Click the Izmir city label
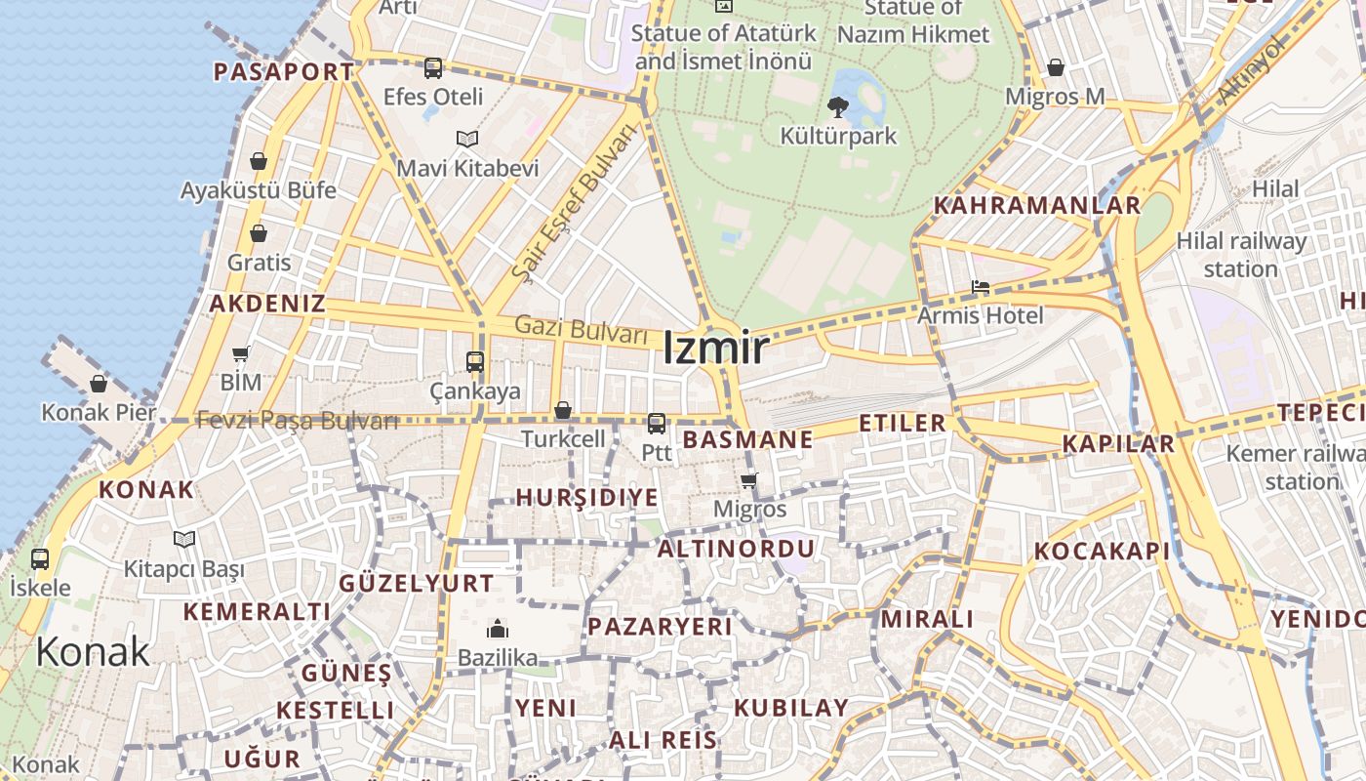[x=715, y=349]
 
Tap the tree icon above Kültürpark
[x=837, y=106]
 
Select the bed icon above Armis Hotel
[x=981, y=287]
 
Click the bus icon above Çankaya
[x=475, y=362]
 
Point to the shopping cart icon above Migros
[x=749, y=480]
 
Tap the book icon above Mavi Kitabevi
[x=467, y=139]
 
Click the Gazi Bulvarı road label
[x=582, y=329]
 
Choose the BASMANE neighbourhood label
[x=747, y=439]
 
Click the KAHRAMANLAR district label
[x=1037, y=206]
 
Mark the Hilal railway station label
[x=1240, y=254]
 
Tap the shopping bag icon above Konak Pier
[x=98, y=384]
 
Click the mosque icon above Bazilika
[x=498, y=629]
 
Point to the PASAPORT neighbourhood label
[x=284, y=71]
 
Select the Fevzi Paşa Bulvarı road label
[x=298, y=421]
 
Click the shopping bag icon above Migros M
[x=1055, y=67]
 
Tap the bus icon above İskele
[x=40, y=559]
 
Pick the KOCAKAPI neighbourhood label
[x=1102, y=552]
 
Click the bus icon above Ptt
[x=657, y=424]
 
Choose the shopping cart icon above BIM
[x=241, y=353]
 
